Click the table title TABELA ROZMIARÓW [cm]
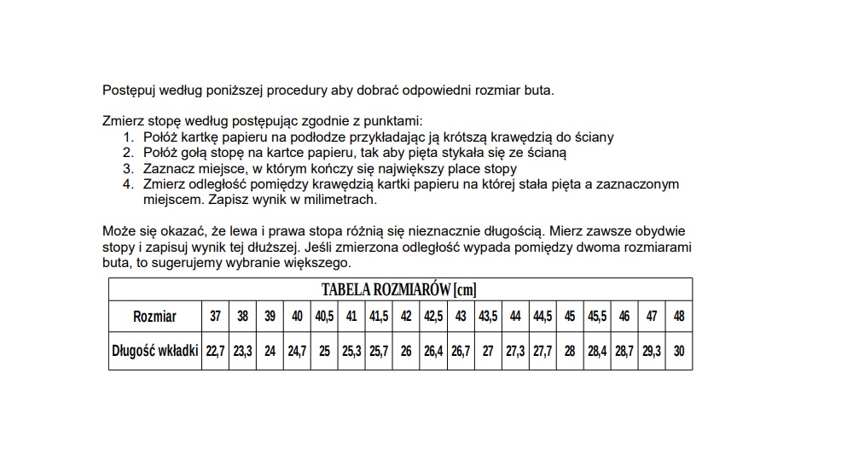point(399,289)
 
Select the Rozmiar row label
point(154,316)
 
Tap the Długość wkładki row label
point(154,351)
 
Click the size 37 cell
point(215,316)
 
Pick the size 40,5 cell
point(324,316)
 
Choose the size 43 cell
point(461,316)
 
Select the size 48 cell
point(679,316)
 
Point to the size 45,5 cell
point(597,316)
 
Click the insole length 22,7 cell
point(215,351)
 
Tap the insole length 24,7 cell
point(297,351)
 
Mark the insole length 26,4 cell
point(433,351)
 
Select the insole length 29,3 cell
point(652,351)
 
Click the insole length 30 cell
point(679,351)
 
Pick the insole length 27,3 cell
point(515,351)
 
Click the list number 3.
point(127,168)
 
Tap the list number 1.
point(127,137)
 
